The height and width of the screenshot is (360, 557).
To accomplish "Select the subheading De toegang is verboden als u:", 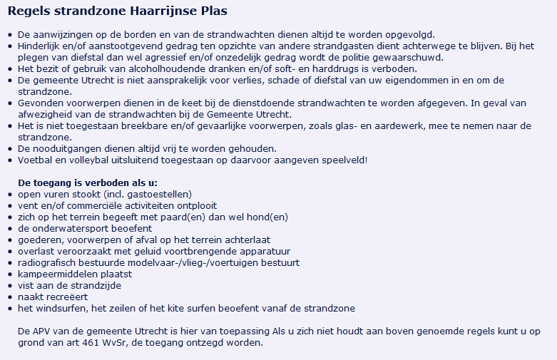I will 88,182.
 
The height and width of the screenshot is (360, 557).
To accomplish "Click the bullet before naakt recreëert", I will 9,297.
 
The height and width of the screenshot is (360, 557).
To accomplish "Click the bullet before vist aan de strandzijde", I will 9,286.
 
